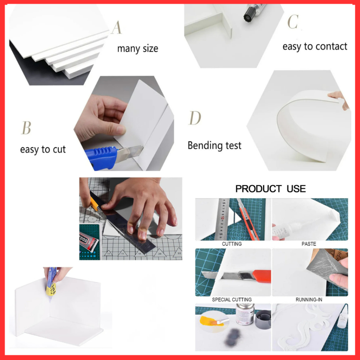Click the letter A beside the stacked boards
coord(116,27)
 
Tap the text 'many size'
coord(137,49)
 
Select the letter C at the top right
coord(293,21)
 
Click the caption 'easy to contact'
coord(315,47)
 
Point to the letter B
coord(26,128)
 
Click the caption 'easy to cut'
coord(43,150)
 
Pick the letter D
coord(195,118)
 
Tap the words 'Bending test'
coord(214,146)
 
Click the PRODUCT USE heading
coord(270,189)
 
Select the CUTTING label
coord(232,244)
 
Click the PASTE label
coord(309,244)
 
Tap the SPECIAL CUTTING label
coord(232,300)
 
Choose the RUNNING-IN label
coord(309,300)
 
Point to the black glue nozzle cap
coord(249,14)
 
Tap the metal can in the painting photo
coord(245,314)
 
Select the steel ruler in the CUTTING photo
coord(222,219)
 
